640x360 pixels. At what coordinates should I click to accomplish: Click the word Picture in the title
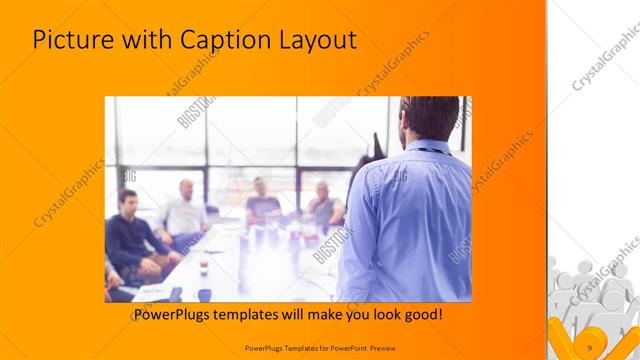73,41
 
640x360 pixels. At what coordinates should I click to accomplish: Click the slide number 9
590,347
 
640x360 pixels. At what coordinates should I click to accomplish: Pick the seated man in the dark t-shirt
262,204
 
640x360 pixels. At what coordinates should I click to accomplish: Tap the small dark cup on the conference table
203,265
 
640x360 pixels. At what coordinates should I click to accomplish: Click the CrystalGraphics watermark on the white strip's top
604,60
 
